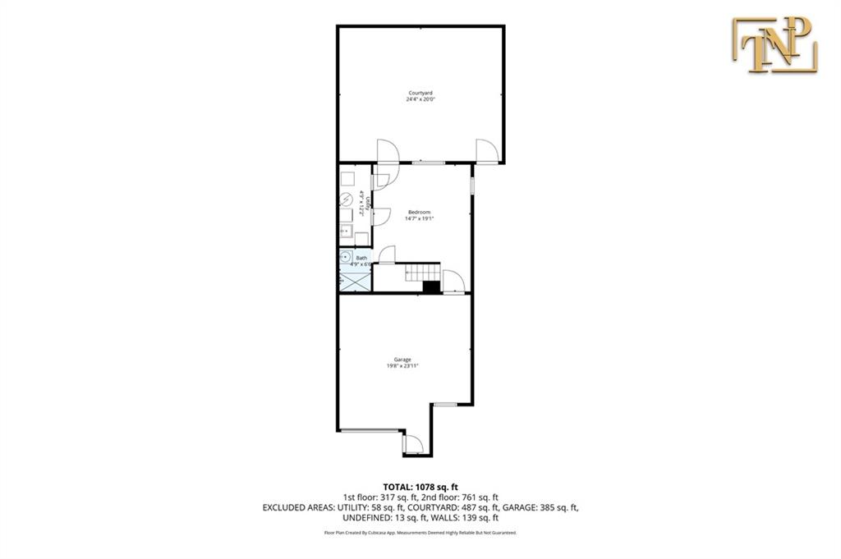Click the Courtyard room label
(420, 93)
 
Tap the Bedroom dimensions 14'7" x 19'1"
(420, 219)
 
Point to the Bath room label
(361, 258)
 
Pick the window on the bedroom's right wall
(472, 181)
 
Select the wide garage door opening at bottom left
(370, 430)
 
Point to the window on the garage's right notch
(445, 404)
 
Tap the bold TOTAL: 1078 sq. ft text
(420, 487)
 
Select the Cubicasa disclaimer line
(420, 533)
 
